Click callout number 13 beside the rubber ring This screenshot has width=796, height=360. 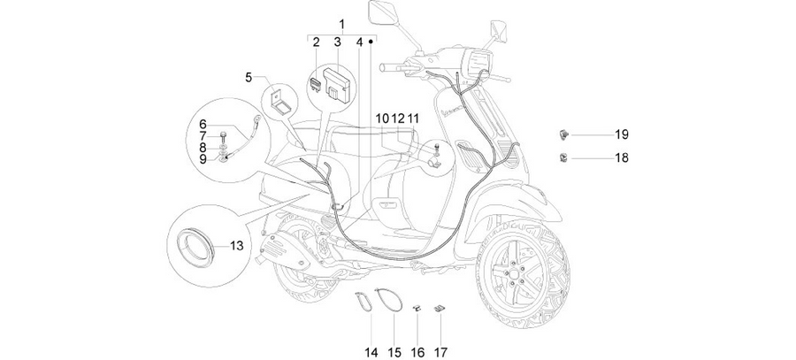(236, 246)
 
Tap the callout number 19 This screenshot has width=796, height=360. (622, 134)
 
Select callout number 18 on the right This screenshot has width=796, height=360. (622, 158)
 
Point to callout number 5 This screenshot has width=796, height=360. (249, 78)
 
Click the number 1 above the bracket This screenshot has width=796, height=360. (341, 25)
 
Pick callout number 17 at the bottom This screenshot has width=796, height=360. (440, 352)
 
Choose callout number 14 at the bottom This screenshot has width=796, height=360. (371, 352)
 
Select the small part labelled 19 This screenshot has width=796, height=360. (563, 134)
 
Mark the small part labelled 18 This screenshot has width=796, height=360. (563, 157)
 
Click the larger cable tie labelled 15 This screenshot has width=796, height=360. (388, 299)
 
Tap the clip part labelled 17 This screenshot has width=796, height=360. (439, 308)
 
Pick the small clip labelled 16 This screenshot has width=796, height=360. (417, 307)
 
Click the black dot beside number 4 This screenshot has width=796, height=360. (371, 42)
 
